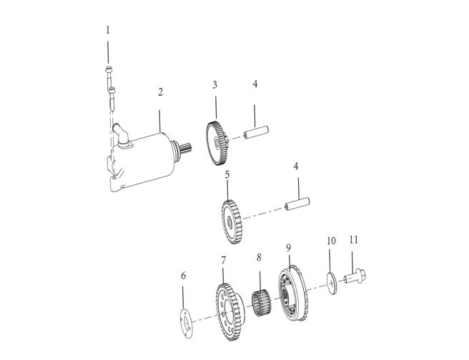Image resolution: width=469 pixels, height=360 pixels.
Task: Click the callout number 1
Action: coord(108,31)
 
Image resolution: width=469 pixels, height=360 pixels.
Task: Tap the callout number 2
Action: coord(160,92)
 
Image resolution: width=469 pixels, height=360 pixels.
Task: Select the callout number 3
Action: coord(214,85)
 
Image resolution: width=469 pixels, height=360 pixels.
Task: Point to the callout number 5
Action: coord(227,175)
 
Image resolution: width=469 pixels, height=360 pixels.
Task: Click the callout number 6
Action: coord(183,276)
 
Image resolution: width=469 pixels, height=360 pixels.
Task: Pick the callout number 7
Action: coord(224,261)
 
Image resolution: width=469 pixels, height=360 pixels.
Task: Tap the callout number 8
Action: coord(259,257)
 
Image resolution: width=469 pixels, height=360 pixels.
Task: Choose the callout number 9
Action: coord(288,248)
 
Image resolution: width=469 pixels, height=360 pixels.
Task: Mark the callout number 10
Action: coord(331,241)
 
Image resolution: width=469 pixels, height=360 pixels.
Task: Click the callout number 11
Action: coord(354,239)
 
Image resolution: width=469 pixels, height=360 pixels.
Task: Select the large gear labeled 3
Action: coord(217,144)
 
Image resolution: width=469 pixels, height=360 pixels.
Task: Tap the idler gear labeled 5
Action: coord(232,222)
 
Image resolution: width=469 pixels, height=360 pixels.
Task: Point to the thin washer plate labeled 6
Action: coord(187,324)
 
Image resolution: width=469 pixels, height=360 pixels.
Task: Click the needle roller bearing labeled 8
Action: coord(261,304)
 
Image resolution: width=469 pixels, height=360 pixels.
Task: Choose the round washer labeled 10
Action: coord(332,283)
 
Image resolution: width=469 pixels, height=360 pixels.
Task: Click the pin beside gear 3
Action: coord(257,133)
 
